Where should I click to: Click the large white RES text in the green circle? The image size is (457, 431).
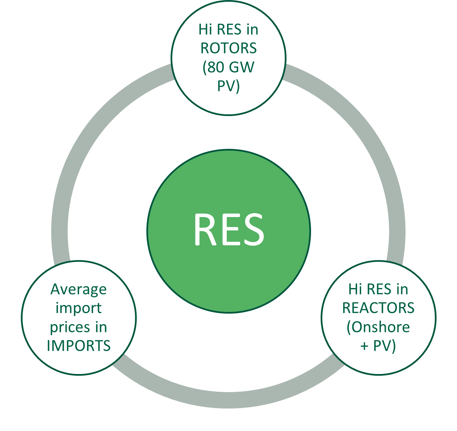coord(228,230)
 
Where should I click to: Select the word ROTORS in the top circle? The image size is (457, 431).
coord(228,48)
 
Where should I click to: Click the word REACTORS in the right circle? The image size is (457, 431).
coord(378,308)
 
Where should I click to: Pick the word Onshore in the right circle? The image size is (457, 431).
coord(381,327)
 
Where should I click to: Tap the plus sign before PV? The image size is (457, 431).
coord(365,346)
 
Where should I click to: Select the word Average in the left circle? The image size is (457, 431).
coord(79,290)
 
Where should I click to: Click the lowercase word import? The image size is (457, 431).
coord(79,308)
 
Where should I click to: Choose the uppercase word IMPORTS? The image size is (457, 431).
coord(79,346)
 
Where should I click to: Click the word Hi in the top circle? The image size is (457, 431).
coord(205,30)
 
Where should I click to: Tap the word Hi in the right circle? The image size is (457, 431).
coord(355,289)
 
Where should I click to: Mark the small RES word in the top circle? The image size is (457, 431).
coord(229,30)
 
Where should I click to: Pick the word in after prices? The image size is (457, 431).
coord(101,327)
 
